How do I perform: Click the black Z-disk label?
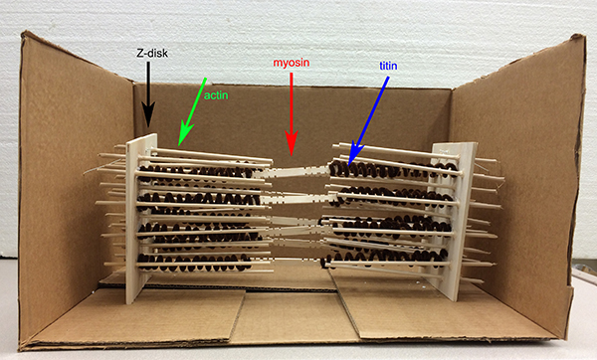click(x=152, y=53)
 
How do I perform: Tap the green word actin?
click(x=216, y=95)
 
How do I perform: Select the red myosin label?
click(x=292, y=63)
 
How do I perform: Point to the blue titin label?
click(x=388, y=66)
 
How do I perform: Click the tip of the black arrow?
click(x=148, y=127)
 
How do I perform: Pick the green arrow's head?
click(x=179, y=146)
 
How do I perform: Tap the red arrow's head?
click(x=292, y=156)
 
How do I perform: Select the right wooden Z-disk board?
click(x=453, y=221)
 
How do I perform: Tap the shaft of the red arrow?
click(x=292, y=102)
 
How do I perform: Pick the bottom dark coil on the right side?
click(x=384, y=258)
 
